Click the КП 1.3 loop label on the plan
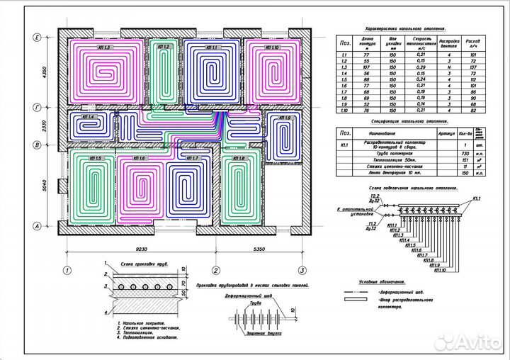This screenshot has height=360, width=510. pyautogui.click(x=103, y=47)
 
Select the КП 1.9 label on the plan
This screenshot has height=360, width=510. pyautogui.click(x=284, y=118)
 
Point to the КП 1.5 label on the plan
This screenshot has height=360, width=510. pyautogui.click(x=94, y=158)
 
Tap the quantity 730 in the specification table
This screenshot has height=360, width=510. pyautogui.click(x=466, y=154)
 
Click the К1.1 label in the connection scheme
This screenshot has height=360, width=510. pyautogui.click(x=475, y=199)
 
